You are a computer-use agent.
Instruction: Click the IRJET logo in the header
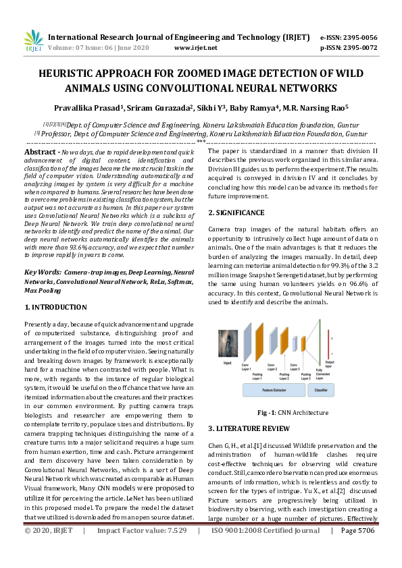(32, 42)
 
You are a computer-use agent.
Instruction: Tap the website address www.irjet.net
(195, 48)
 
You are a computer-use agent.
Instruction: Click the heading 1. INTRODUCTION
(56, 307)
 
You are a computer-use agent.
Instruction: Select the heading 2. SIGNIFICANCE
(236, 212)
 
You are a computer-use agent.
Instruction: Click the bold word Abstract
(41, 153)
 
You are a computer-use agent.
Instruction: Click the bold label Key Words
(43, 271)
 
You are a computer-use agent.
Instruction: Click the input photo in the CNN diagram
(228, 345)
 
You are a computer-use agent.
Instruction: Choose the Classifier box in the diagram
(321, 391)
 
